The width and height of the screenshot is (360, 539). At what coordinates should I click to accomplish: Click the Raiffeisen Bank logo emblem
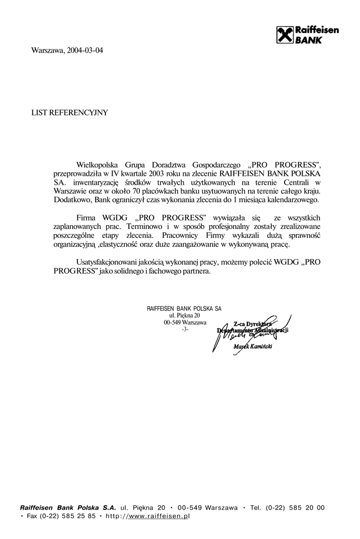tap(285, 35)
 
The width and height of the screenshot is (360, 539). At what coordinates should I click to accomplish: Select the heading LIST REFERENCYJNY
tap(69, 112)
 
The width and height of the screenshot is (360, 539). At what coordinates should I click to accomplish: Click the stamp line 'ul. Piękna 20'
tap(184, 315)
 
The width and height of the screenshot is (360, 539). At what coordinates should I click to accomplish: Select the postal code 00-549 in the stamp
tap(172, 322)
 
